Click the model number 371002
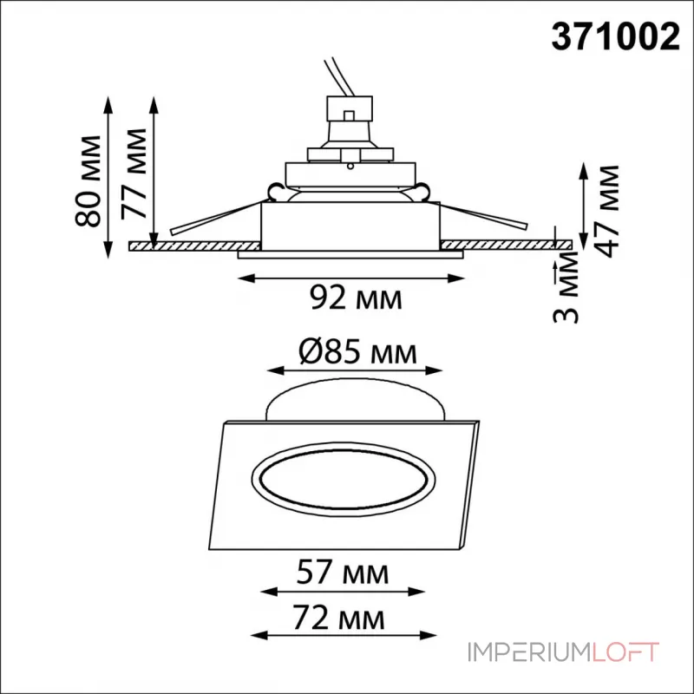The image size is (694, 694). click(x=615, y=37)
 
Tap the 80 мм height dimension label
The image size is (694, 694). click(x=88, y=181)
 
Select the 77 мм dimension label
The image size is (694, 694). click(x=134, y=174)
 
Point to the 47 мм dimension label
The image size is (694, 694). click(x=606, y=211)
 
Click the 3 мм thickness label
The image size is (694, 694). click(x=566, y=288)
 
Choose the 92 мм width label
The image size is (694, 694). click(x=356, y=298)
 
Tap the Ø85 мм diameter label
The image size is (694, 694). click(x=357, y=352)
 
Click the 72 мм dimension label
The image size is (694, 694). click(x=338, y=618)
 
